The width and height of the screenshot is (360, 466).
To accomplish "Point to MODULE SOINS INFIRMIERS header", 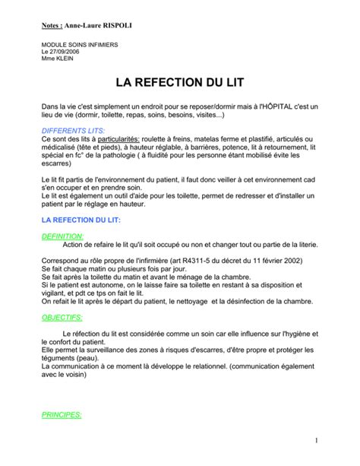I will tap(80, 45).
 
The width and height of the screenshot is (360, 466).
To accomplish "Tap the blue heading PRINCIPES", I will tap(61, 416).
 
